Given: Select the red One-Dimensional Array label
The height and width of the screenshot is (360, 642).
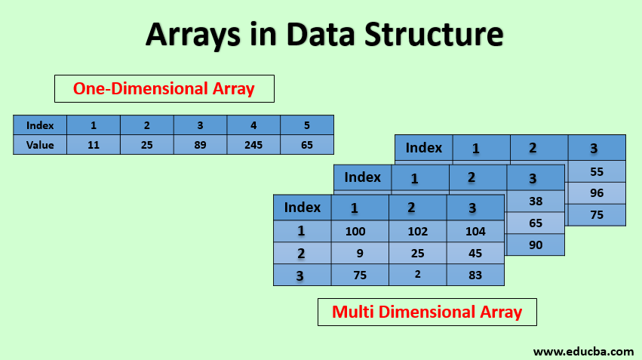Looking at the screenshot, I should point(164,88).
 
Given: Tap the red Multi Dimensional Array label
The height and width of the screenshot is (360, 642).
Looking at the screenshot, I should point(427,312).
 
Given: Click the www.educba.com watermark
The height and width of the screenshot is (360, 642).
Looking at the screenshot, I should point(583,351).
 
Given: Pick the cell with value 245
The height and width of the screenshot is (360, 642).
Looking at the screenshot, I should point(253,145).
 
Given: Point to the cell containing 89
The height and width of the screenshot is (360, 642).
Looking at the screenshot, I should point(200,145).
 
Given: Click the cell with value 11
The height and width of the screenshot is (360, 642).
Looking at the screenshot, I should point(94,145).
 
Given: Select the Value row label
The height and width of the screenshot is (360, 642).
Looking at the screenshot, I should point(40,145).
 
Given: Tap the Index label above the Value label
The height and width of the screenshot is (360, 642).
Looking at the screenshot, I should point(40,125).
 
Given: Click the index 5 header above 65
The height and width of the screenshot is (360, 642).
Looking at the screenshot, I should point(306,125).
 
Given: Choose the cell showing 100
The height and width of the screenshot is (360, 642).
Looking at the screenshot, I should point(360,231).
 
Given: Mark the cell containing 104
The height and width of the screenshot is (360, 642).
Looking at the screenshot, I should point(475,231).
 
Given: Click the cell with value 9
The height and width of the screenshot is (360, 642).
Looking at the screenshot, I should point(360,253).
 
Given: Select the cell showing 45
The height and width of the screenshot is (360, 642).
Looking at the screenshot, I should point(475,253).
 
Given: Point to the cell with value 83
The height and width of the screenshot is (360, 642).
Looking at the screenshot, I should point(475,275).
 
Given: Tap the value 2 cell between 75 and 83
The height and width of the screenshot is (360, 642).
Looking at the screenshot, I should point(418,275).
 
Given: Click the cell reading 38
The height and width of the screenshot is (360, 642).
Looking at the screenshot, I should point(536,202).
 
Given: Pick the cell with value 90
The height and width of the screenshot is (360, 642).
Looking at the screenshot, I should point(536,245).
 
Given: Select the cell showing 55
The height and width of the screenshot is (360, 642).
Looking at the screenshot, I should point(597,171).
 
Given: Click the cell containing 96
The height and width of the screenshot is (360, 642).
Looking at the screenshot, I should point(597,193).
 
